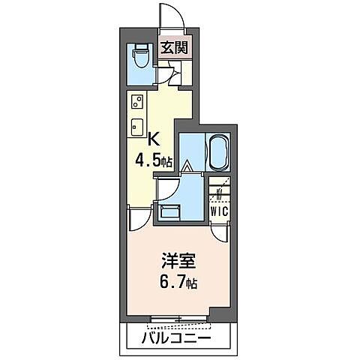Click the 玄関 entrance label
(175, 49)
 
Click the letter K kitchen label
(154, 138)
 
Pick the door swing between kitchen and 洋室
(138, 220)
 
